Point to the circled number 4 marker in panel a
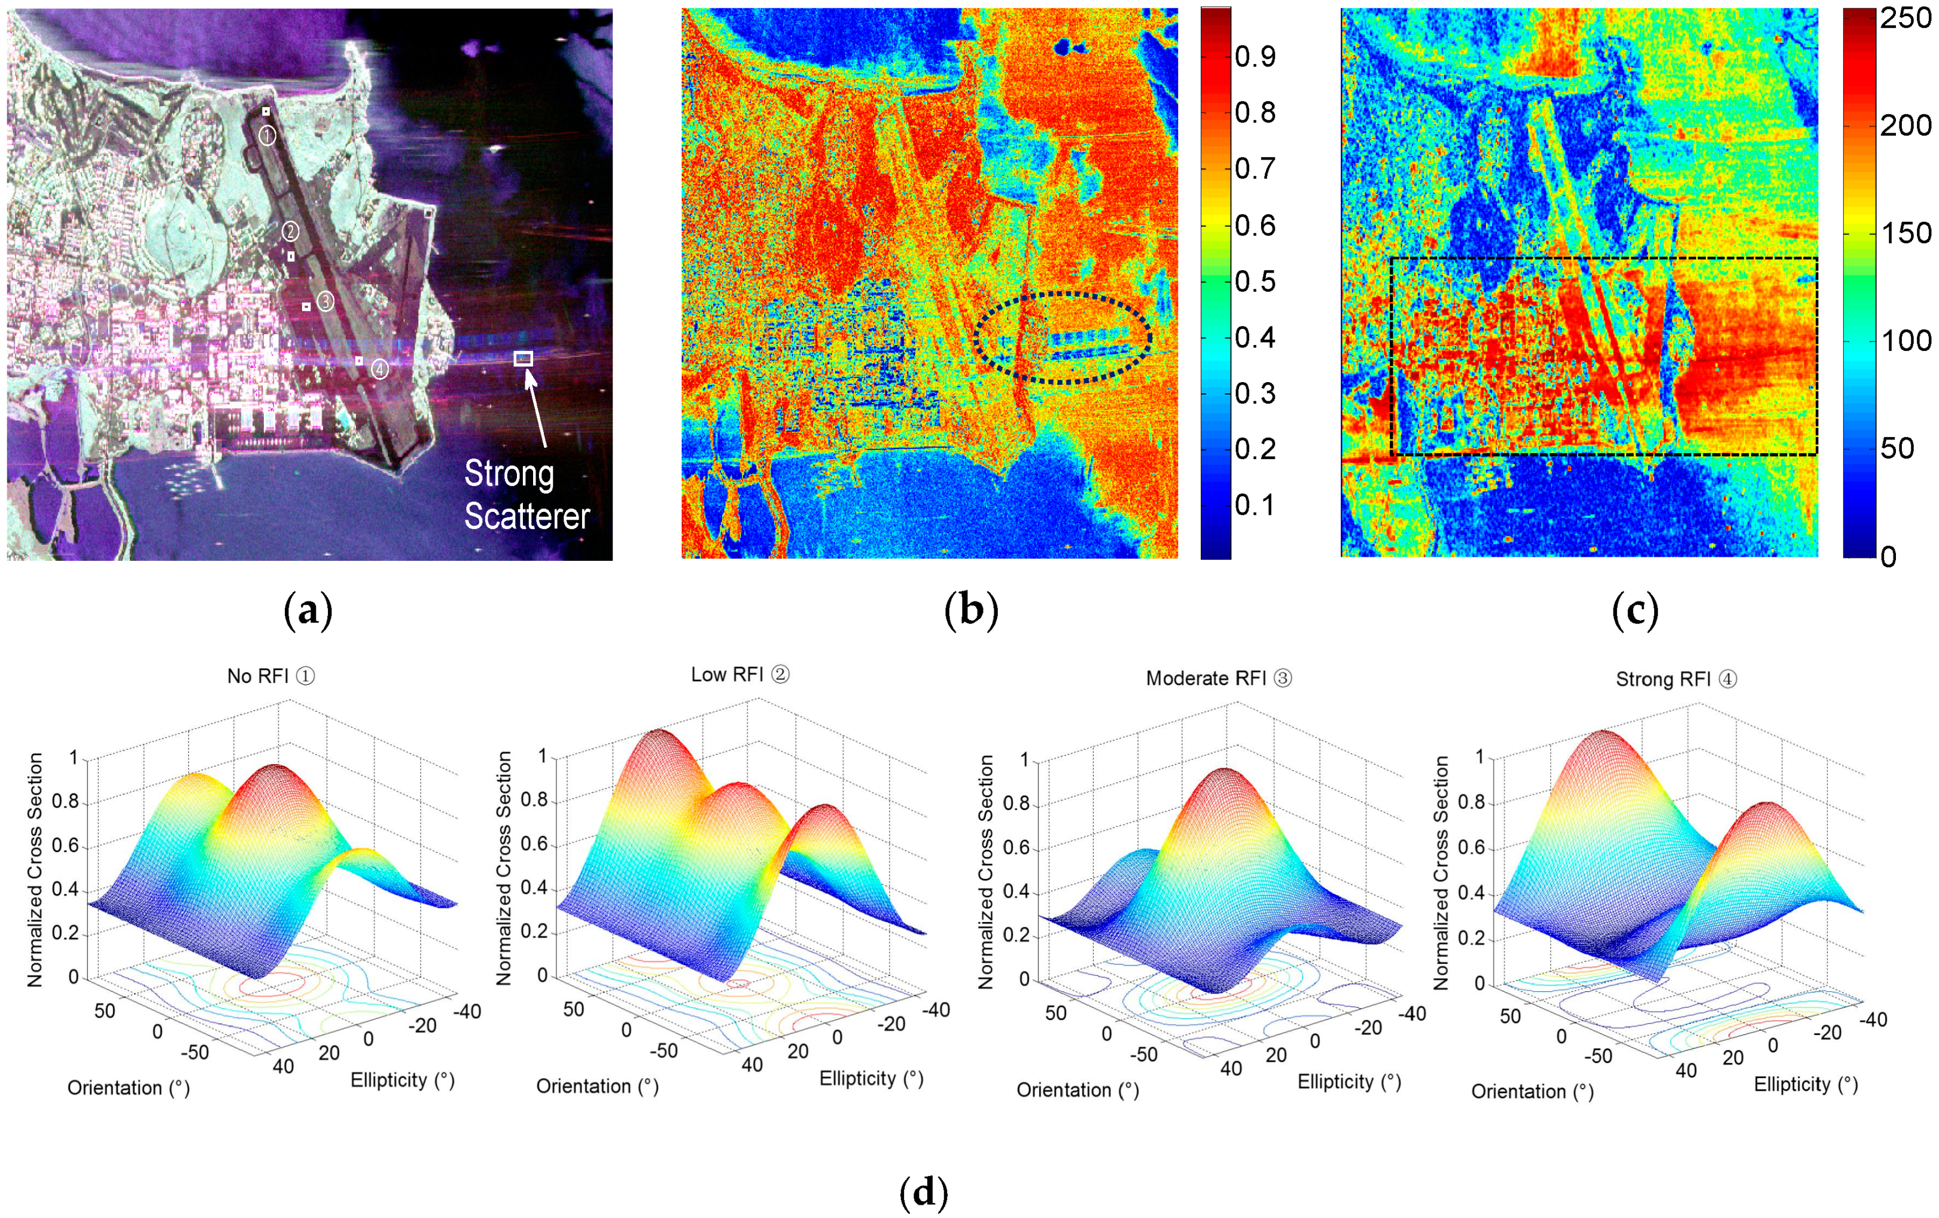[x=379, y=370]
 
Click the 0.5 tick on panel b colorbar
[x=1255, y=281]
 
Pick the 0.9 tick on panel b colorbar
[x=1255, y=56]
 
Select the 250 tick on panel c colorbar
[x=1905, y=19]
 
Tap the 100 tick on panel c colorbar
[x=1905, y=340]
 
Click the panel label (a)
[x=308, y=611]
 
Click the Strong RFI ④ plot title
[x=1676, y=679]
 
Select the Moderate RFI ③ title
[x=1218, y=679]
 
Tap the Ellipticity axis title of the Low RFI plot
[x=870, y=1078]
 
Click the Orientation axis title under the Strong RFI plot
[x=1532, y=1092]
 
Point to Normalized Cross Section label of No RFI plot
[x=35, y=869]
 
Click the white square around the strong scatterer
[x=523, y=359]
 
